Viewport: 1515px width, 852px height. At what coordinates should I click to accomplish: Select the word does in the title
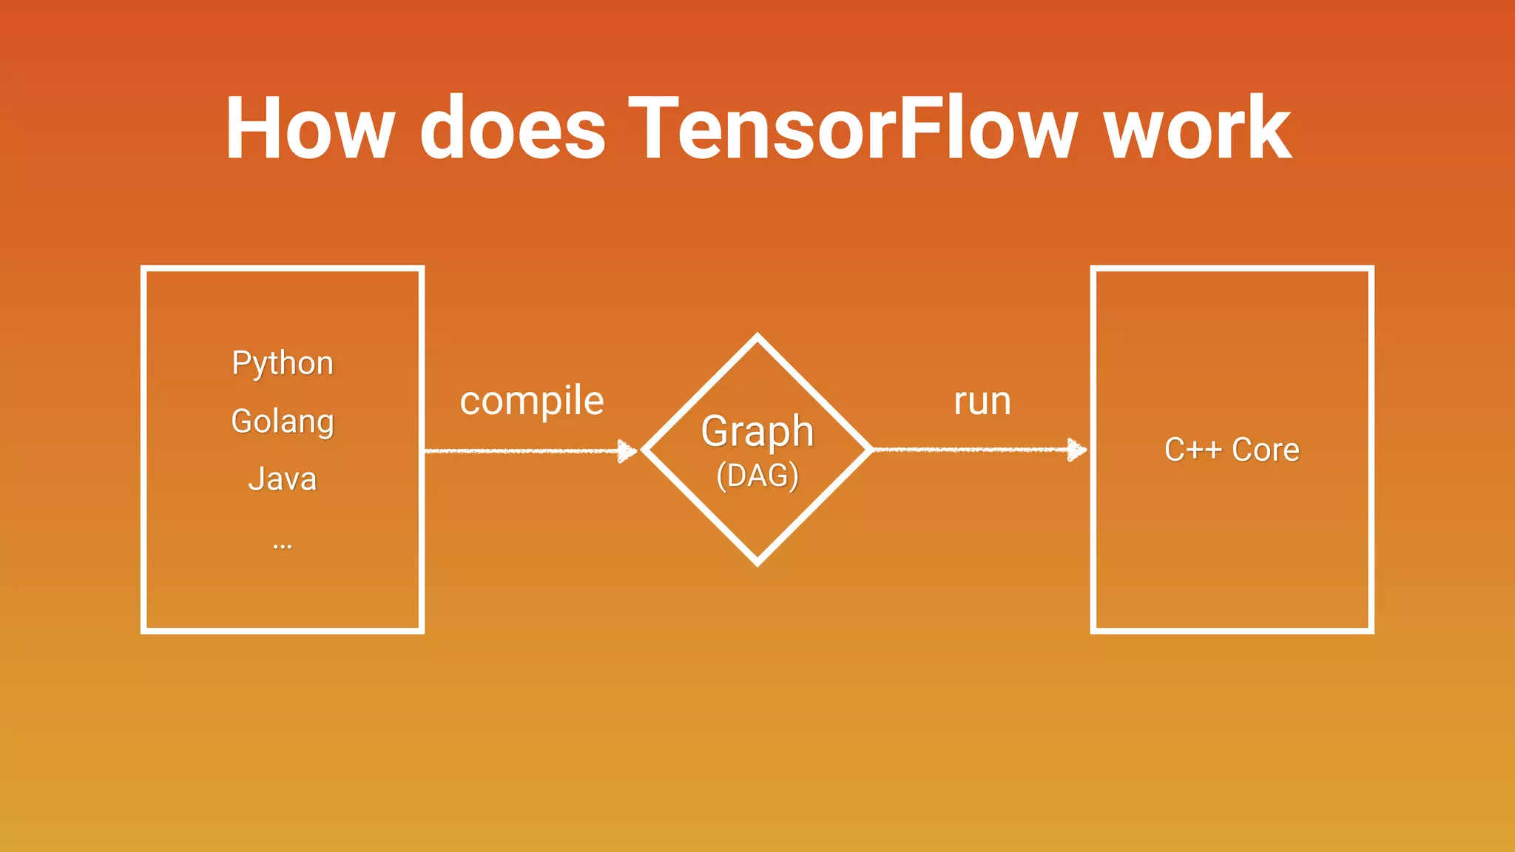pos(513,129)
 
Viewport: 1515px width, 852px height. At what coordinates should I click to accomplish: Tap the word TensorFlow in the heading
pos(853,129)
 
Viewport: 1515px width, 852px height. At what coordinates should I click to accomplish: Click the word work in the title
pos(1198,129)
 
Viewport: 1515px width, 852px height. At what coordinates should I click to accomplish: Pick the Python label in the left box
pos(283,363)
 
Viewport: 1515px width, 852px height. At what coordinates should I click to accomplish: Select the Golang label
pos(283,422)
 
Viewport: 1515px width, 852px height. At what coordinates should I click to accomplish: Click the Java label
pos(283,479)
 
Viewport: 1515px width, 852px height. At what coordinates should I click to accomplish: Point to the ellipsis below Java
pos(283,547)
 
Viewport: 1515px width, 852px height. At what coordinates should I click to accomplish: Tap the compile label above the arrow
pos(532,402)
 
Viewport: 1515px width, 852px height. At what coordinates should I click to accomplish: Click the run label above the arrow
pos(982,402)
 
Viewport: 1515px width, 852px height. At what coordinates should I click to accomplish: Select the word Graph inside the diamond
pos(757,431)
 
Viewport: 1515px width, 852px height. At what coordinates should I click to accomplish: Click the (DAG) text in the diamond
pos(757,476)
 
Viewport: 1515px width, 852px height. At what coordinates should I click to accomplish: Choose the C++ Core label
pos(1232,450)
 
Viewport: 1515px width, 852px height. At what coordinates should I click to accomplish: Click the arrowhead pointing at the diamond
pos(627,450)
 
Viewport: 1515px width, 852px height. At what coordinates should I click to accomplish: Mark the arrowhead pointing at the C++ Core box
pos(1077,449)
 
